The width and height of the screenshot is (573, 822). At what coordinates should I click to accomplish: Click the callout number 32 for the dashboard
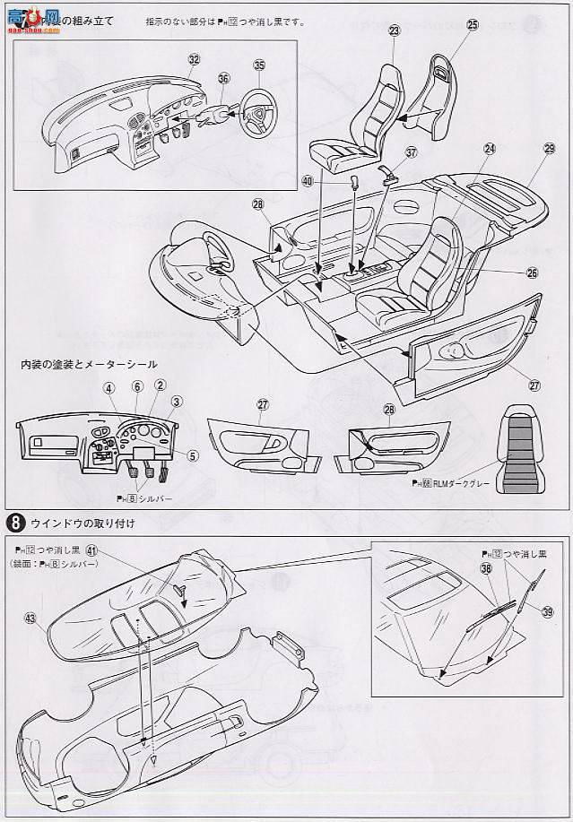click(x=194, y=59)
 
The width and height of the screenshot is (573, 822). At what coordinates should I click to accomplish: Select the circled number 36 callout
click(x=223, y=78)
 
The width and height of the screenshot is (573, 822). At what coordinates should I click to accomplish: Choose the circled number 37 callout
click(x=411, y=153)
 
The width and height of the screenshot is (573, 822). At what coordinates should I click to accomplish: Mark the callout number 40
click(x=308, y=180)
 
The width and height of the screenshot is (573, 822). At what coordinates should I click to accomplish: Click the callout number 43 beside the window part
click(x=31, y=619)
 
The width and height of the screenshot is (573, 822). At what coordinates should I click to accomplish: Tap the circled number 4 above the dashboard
click(x=109, y=387)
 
